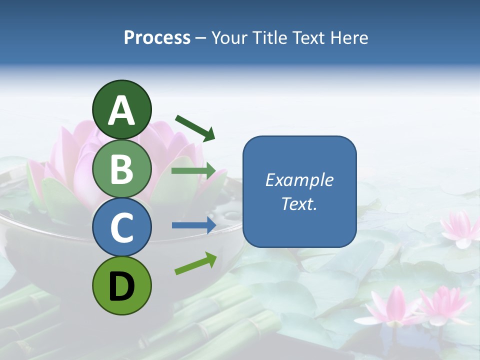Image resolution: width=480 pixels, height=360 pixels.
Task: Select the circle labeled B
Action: pos(121,168)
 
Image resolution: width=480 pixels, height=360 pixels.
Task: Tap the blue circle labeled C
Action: pos(121,227)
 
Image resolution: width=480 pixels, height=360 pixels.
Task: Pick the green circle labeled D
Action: pos(121,286)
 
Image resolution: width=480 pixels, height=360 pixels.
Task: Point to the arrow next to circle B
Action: pos(193,171)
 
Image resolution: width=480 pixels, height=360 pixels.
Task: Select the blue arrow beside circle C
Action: pos(193,225)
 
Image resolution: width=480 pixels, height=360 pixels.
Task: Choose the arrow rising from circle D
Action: pos(195,263)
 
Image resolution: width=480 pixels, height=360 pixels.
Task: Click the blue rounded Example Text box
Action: pos(299,191)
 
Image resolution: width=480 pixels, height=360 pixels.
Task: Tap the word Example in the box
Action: pos(299,180)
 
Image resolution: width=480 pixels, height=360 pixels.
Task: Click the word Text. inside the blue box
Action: pos(299,203)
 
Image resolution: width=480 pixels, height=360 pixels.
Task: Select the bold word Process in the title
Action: pos(157,37)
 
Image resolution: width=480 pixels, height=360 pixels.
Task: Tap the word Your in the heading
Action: pos(227,37)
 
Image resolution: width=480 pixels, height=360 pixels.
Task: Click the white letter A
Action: pos(121,110)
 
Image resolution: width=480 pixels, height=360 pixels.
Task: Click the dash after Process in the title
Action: pos(201,38)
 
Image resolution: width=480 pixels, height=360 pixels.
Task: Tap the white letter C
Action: pos(121,228)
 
